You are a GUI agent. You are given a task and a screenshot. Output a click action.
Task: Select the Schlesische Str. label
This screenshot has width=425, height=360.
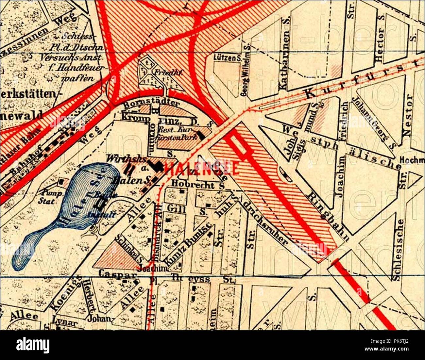coord(398,250)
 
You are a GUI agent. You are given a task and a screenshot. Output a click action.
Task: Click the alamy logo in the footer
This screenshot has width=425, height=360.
coord(33,345)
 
